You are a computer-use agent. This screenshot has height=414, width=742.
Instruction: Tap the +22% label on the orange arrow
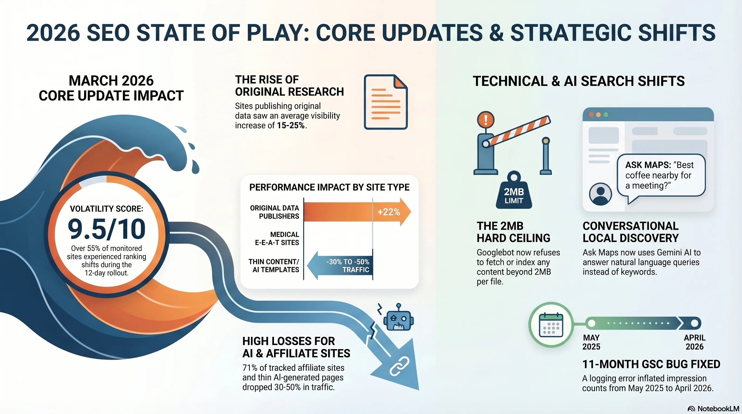389,212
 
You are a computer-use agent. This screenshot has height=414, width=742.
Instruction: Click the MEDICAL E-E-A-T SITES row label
277,238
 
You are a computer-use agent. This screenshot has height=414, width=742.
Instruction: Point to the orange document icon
386,102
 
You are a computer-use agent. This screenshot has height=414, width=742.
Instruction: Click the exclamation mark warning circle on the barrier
486,119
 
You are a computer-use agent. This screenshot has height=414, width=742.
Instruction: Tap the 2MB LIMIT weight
514,193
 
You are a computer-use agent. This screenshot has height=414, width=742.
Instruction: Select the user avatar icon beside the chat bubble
600,194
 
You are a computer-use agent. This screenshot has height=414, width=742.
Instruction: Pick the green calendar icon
551,325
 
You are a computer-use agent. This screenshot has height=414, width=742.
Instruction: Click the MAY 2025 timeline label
591,342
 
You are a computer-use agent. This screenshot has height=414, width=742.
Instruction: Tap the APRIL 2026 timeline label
695,342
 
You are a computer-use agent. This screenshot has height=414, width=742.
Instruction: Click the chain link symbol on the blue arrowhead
399,366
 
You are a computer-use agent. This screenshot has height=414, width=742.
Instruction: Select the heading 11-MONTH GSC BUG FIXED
651,364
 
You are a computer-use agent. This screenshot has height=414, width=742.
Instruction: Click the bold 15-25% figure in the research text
291,126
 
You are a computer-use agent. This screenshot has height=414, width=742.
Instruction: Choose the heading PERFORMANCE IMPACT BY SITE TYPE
329,187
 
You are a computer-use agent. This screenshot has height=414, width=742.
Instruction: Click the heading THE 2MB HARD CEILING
513,232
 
